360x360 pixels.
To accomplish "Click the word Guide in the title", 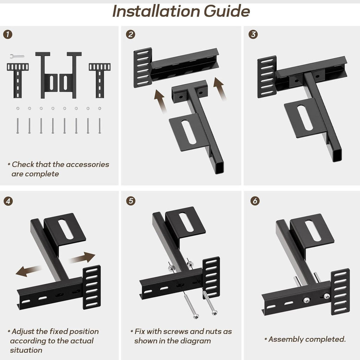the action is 227,11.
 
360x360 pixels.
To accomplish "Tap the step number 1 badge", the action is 8,34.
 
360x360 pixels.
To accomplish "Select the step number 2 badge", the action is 130,34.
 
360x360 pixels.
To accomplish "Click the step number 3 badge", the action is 253,34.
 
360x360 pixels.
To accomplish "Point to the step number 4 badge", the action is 8,201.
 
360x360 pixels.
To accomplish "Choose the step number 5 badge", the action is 131,201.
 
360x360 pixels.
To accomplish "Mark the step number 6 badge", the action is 255,201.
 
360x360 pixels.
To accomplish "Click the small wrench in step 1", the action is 17,56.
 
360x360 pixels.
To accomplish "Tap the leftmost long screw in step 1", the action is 18,126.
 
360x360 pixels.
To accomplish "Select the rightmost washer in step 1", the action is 99,108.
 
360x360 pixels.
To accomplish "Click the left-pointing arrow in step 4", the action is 28,271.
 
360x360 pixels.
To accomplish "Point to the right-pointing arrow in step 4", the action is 82,258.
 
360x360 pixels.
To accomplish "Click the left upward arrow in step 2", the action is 160,101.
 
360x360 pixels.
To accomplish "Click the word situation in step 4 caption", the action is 26,350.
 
